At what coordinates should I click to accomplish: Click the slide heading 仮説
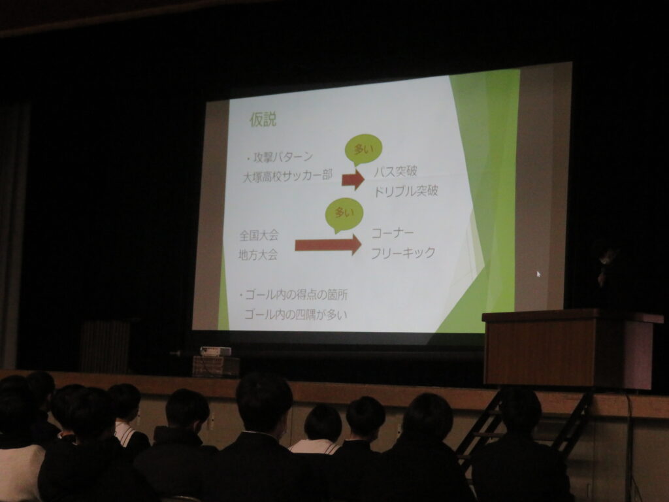point(263,120)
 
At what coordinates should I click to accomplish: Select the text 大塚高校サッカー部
point(287,175)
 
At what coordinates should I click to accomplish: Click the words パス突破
point(395,171)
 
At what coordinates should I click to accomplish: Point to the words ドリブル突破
point(406,190)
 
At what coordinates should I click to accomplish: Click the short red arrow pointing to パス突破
point(353,179)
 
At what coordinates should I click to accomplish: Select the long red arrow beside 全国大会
point(328,244)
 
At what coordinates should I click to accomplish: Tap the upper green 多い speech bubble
point(363,150)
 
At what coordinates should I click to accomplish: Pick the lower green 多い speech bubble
point(344,214)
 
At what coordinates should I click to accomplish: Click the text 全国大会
point(259,235)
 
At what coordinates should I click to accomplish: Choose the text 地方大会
point(257,255)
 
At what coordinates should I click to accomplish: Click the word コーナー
point(393,233)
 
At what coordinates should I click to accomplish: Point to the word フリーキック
point(402,253)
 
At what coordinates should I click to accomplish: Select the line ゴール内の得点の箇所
point(293,295)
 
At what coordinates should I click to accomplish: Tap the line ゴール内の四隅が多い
point(296,314)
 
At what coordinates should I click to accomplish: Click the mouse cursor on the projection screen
point(538,274)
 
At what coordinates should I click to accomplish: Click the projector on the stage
point(216,351)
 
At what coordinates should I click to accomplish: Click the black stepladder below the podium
point(525,427)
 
